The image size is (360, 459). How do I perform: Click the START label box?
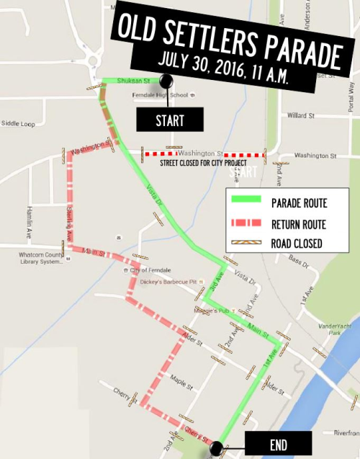pos(170,120)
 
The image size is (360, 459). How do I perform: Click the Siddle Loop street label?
pos(18,124)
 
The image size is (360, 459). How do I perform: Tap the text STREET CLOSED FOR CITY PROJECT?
pos(204,164)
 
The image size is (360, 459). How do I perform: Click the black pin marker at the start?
pos(166,81)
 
